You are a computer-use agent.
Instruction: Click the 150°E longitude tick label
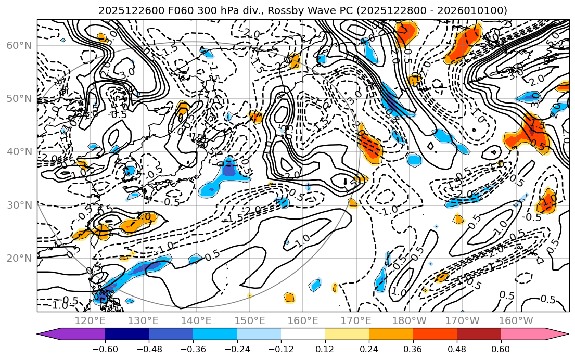[x=250, y=320]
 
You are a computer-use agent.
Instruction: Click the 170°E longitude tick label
[x=356, y=320]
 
